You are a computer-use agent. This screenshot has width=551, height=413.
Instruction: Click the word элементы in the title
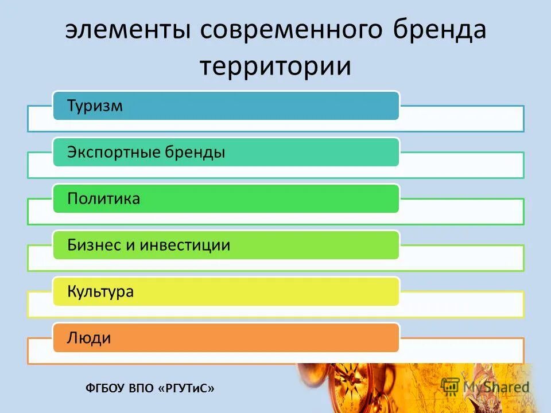pyautogui.click(x=128, y=30)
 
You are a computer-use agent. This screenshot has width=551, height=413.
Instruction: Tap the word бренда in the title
pyautogui.click(x=439, y=30)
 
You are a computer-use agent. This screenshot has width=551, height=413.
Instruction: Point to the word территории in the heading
pyautogui.click(x=275, y=66)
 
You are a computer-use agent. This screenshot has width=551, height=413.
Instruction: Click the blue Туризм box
pyautogui.click(x=226, y=106)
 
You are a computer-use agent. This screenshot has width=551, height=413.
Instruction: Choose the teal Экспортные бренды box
pyautogui.click(x=226, y=152)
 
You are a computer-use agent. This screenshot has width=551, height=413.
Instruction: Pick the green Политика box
pyautogui.click(x=226, y=198)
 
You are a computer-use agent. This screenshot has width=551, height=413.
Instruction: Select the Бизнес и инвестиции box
pyautogui.click(x=226, y=246)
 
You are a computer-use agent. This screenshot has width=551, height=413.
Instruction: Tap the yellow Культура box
pyautogui.click(x=226, y=291)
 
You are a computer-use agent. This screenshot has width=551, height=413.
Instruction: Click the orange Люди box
pyautogui.click(x=226, y=338)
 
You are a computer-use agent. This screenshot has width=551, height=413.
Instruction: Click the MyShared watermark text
pyautogui.click(x=496, y=387)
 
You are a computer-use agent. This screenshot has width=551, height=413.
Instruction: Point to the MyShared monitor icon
pyautogui.click(x=451, y=386)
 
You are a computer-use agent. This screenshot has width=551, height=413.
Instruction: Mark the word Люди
pyautogui.click(x=89, y=338)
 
